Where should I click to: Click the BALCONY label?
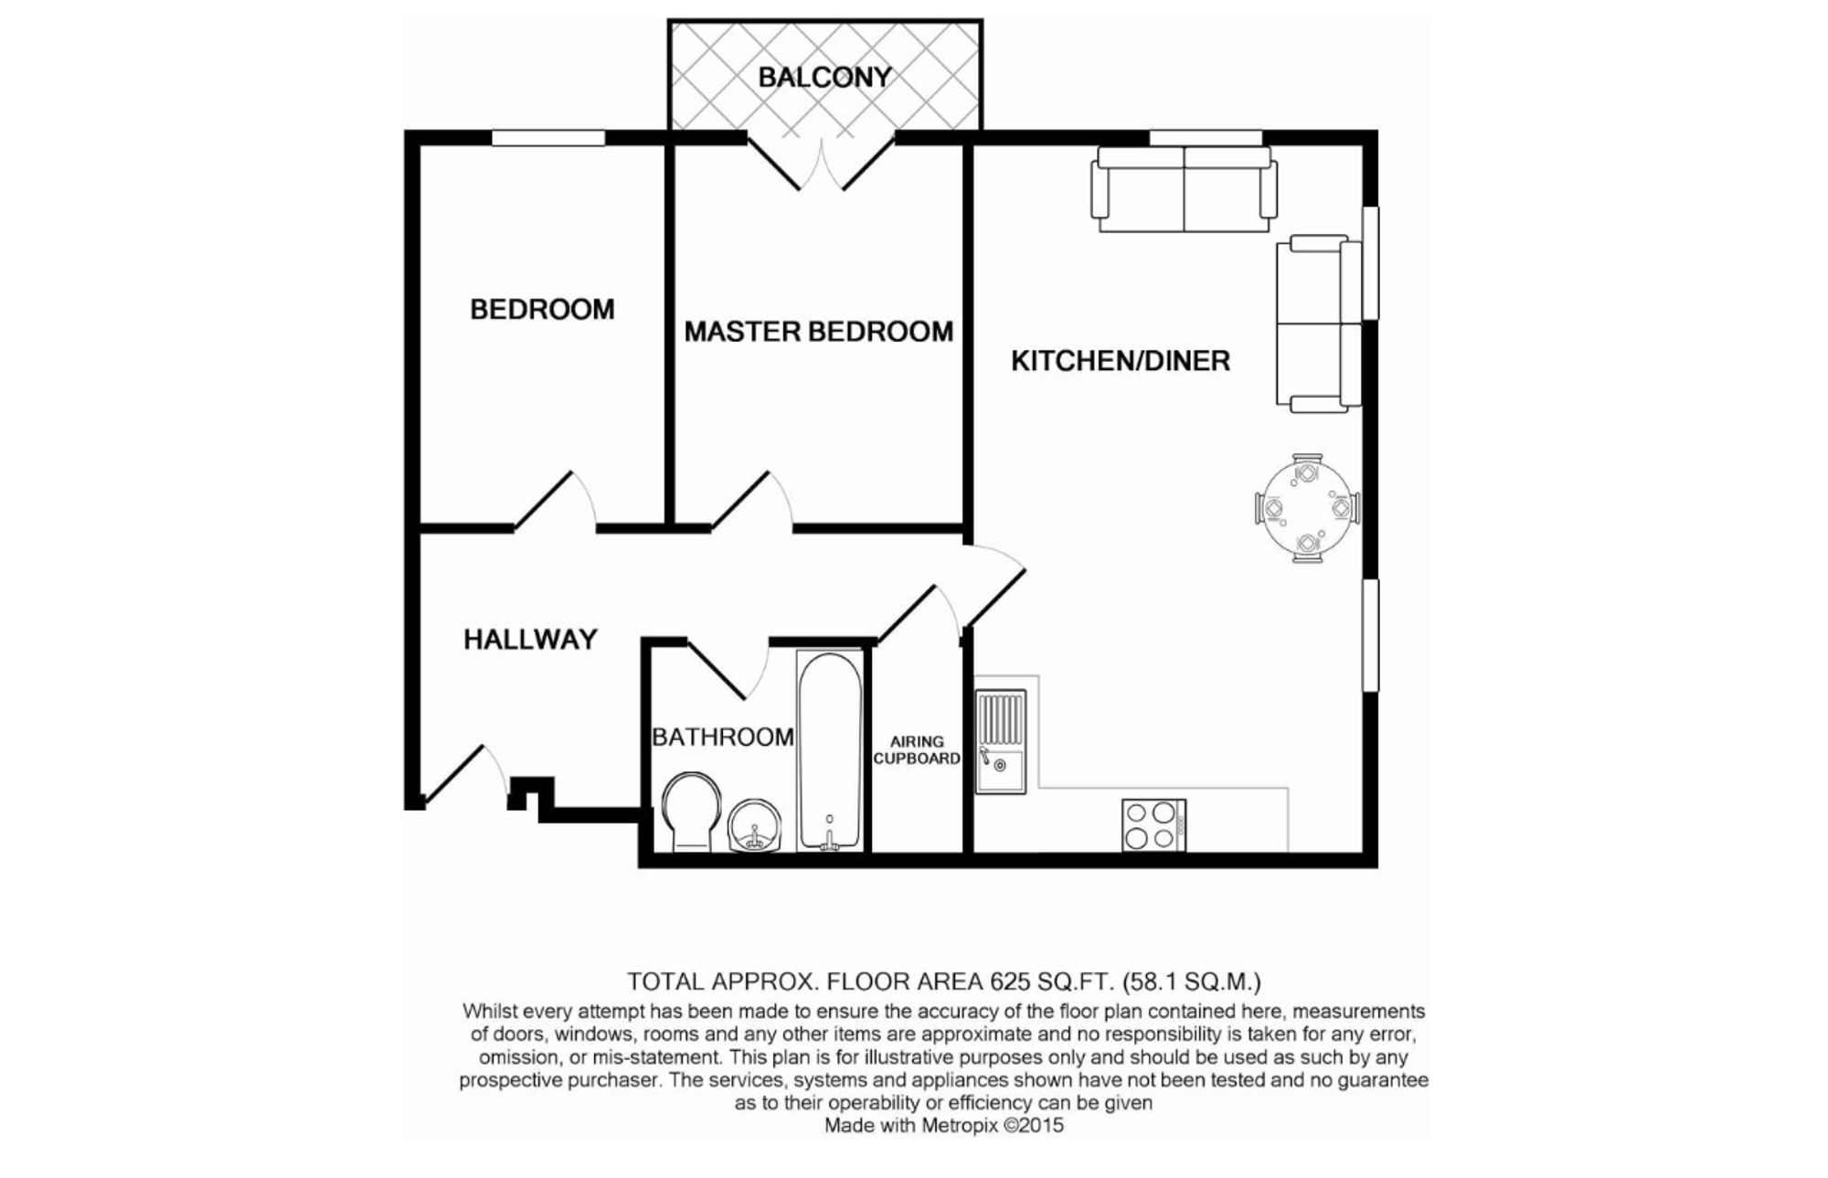tap(824, 77)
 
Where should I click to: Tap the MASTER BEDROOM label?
tap(818, 331)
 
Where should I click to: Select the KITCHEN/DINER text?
tap(1120, 361)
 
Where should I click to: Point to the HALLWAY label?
tap(530, 639)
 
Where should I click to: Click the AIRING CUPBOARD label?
tap(916, 750)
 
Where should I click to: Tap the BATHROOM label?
tap(722, 737)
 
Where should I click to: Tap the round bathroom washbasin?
tap(755, 825)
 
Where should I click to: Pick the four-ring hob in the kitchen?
tap(1153, 825)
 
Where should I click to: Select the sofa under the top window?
tap(1184, 190)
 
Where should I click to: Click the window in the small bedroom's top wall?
tap(548, 138)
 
